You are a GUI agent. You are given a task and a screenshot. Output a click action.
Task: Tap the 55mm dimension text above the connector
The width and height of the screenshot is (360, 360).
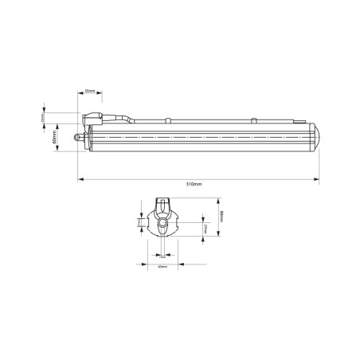[x=90, y=92]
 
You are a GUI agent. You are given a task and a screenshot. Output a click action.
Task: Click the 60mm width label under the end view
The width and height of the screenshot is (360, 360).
[x=162, y=267]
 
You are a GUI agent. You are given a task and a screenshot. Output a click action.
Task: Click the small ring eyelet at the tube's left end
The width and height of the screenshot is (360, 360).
[x=79, y=136]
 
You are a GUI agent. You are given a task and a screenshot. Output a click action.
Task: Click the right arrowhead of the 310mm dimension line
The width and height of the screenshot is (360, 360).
[x=318, y=179]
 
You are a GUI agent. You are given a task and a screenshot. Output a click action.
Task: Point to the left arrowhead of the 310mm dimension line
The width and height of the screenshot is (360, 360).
[x=80, y=179]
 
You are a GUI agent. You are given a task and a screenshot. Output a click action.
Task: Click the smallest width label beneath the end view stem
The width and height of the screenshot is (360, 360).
[x=162, y=256]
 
